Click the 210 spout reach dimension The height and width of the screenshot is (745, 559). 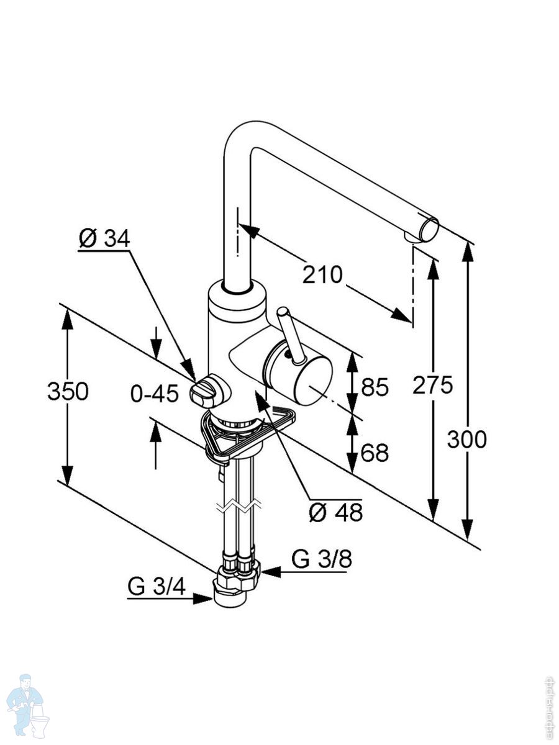(322, 274)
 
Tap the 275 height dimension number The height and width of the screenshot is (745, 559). (432, 386)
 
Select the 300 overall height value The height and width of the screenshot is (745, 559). (467, 440)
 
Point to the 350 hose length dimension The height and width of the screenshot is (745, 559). (68, 392)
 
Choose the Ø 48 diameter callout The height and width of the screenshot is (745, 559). (336, 512)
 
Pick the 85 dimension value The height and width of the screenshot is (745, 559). (375, 388)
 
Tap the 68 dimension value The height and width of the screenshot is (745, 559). (375, 453)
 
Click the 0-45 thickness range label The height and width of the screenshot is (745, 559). (155, 393)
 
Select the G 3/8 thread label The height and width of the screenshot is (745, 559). (322, 559)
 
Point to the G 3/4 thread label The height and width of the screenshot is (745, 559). (157, 586)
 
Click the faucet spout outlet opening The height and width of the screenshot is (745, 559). (428, 228)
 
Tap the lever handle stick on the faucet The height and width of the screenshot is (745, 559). (290, 335)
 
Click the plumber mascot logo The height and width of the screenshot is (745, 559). (28, 705)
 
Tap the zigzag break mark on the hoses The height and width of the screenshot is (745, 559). (237, 506)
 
